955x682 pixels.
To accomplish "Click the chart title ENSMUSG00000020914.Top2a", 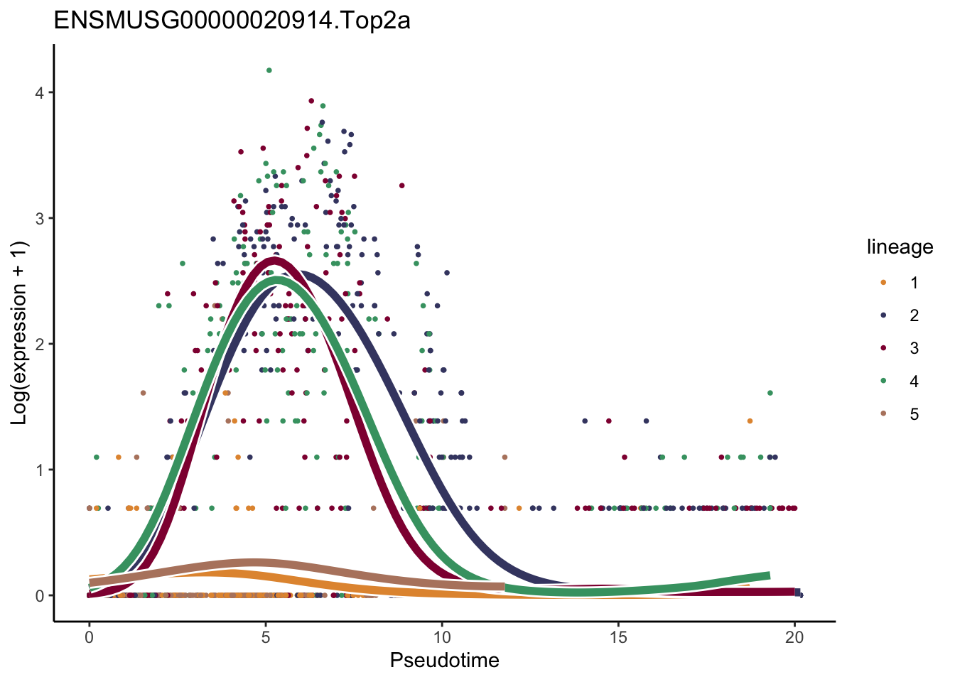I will [232, 21].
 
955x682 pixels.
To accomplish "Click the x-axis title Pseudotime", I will [444, 661].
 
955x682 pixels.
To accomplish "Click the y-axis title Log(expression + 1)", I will [20, 333].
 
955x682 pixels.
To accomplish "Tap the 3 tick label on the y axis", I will [40, 219].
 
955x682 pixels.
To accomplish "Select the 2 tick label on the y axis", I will [40, 345].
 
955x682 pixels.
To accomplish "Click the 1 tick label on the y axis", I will [40, 470].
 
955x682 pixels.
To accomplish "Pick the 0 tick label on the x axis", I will [89, 637].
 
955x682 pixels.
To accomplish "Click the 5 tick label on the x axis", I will [266, 637].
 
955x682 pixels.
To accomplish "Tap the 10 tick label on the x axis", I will [442, 637].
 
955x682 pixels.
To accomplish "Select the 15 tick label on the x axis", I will [618, 637].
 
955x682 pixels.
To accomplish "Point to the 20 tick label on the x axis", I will [794, 637].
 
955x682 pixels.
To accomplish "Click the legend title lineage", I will [900, 247].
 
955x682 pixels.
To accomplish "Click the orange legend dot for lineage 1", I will [883, 283].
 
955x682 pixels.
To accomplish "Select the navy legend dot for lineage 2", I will [883, 315].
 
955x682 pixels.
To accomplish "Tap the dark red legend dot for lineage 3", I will [883, 348].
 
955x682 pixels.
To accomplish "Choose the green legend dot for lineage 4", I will [883, 381].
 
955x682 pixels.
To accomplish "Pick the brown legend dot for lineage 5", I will [883, 414].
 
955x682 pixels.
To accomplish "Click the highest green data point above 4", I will [269, 70].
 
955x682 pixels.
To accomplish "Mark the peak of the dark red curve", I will [274, 260].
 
